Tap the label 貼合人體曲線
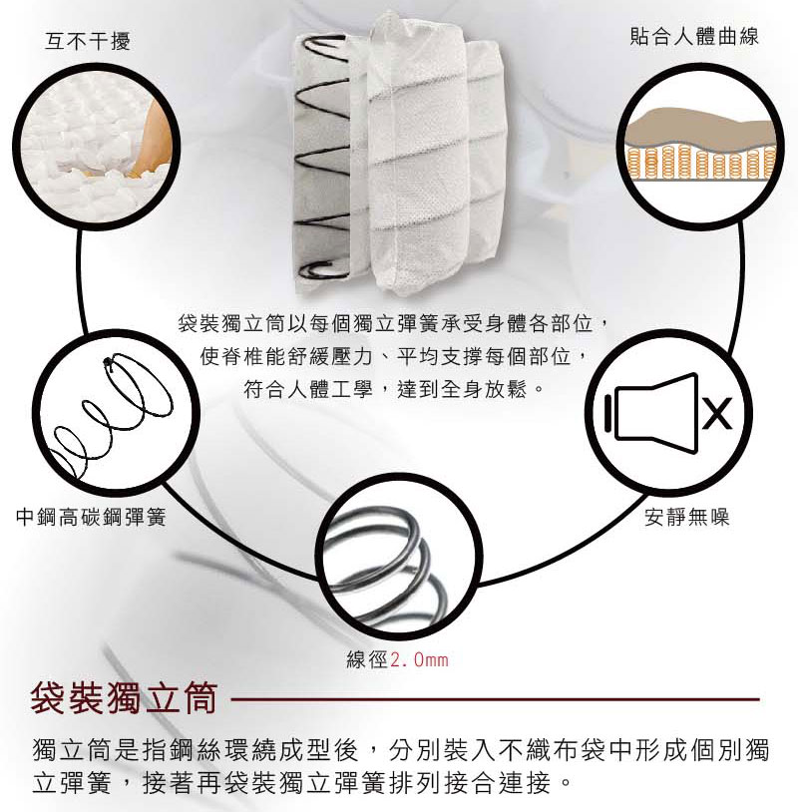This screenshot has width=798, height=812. pos(694,36)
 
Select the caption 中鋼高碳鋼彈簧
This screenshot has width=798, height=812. pos(91,517)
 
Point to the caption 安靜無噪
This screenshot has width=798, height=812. pos(686,517)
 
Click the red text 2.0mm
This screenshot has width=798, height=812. pos(419,659)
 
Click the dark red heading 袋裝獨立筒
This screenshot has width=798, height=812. pos(124,698)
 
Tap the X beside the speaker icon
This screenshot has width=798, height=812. pos(717,413)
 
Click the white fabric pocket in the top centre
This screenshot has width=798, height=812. pos(432,156)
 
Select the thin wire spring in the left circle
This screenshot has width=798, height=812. pos(112,414)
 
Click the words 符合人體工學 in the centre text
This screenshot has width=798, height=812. pos(307,388)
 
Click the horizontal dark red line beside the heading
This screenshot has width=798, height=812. pos(495,699)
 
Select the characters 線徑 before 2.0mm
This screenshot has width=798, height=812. pos(367,659)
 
